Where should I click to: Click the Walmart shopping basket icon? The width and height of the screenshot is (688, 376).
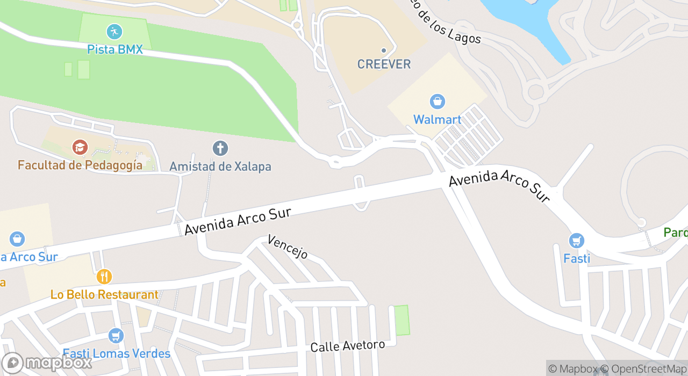[437, 101]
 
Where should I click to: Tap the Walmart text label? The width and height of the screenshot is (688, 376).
[437, 119]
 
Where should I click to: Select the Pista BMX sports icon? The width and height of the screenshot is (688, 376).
[114, 32]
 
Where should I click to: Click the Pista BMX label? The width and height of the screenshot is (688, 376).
[116, 50]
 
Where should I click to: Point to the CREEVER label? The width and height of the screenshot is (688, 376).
[384, 64]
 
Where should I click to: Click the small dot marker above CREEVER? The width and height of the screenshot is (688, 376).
[384, 50]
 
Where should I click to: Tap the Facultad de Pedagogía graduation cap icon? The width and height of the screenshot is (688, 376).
[80, 147]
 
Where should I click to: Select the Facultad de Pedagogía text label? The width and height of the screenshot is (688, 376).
[80, 165]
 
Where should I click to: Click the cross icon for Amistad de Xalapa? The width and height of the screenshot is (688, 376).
[220, 148]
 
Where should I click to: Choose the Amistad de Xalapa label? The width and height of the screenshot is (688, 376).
[220, 167]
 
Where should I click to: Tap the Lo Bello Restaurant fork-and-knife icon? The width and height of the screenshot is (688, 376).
[104, 277]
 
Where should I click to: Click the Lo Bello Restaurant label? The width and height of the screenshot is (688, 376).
[105, 295]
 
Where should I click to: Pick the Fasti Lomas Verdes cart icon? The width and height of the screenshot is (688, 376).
[116, 336]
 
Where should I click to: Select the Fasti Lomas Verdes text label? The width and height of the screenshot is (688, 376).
[117, 353]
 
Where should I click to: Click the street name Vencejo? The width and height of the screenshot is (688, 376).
[288, 247]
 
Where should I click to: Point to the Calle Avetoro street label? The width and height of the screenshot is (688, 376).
[348, 346]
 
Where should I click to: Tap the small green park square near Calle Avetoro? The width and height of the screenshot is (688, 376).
[402, 320]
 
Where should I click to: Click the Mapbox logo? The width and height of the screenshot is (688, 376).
[47, 363]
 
